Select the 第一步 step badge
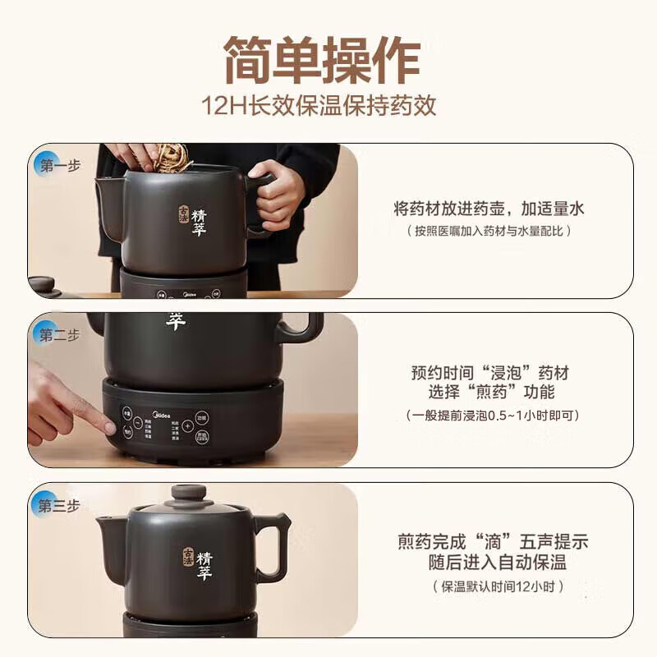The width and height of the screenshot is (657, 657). (x=57, y=166)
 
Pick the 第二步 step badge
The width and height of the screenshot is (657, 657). (x=57, y=335)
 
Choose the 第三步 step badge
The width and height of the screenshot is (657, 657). (x=57, y=505)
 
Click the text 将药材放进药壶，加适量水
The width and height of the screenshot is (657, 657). (x=489, y=209)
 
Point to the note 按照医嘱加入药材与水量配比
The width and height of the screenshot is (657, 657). (x=489, y=231)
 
